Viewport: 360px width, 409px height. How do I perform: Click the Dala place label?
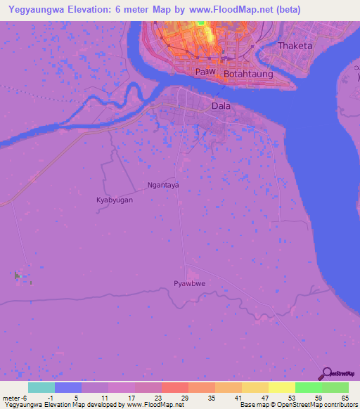[221, 106]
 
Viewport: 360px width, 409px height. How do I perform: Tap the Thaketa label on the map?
[295, 46]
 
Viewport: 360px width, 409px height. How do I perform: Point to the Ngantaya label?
[163, 186]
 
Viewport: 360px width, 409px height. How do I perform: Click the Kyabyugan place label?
[115, 200]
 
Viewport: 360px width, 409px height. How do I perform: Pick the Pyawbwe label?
[188, 284]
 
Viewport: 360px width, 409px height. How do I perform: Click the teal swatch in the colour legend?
[41, 387]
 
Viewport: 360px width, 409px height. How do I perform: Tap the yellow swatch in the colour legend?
[282, 387]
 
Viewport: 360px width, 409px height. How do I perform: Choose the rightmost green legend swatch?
[335, 387]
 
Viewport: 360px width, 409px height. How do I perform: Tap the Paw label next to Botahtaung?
[204, 72]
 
